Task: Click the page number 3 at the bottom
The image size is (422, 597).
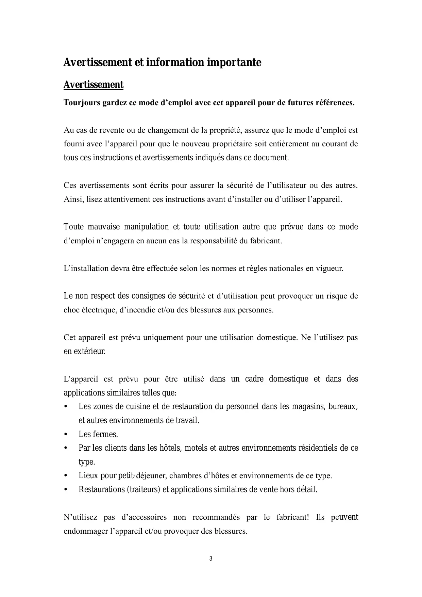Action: (x=211, y=559)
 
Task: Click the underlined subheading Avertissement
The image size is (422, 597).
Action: (x=94, y=84)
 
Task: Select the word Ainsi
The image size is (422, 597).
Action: (x=73, y=199)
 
